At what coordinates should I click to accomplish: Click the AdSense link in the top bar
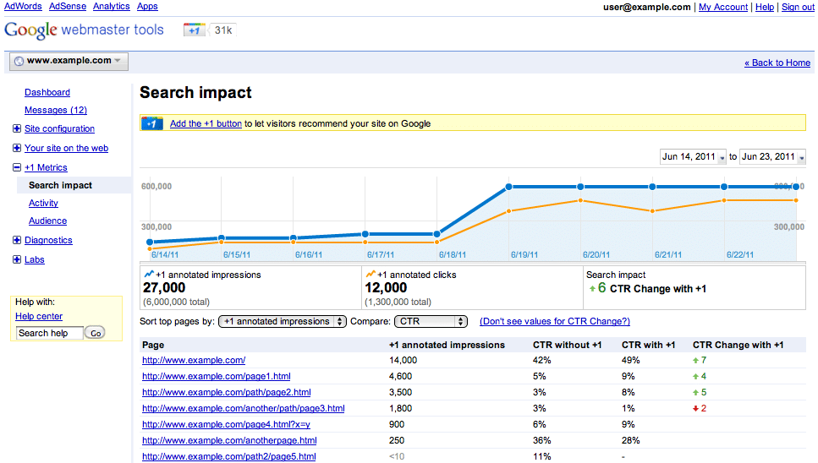coord(66,6)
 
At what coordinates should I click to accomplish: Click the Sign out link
coord(798,7)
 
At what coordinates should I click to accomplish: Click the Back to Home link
coord(777,63)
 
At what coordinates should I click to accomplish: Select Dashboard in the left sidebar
coord(47,92)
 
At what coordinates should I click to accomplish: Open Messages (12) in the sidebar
coord(56,110)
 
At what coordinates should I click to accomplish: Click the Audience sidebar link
coord(47,221)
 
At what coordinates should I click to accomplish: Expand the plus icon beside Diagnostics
coord(17,240)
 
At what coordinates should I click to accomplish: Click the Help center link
coord(39,316)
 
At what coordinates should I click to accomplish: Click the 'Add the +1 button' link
coord(206,123)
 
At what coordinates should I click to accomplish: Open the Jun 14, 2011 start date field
coord(693,157)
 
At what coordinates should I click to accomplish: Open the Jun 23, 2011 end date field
coord(772,157)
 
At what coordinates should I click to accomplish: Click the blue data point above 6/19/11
coord(509,187)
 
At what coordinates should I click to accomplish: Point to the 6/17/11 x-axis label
coord(380,253)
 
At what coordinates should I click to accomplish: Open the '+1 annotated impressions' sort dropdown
coord(283,321)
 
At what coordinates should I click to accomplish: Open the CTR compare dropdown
coord(431,321)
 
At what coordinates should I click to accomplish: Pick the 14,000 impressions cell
coord(403,360)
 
